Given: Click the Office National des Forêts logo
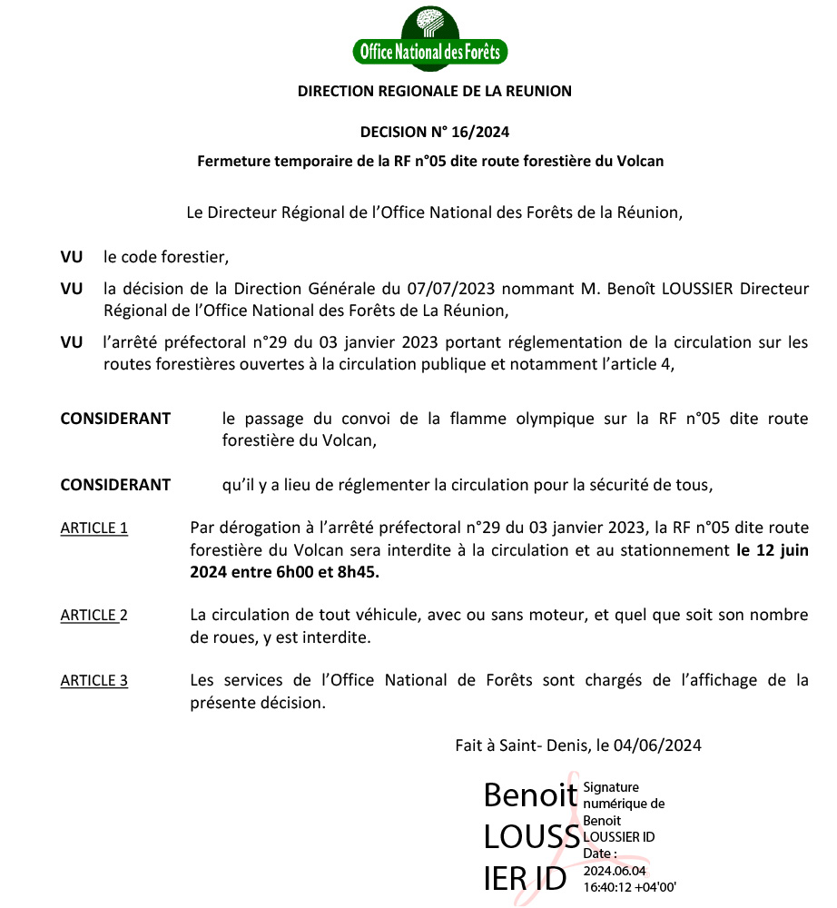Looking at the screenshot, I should point(430,39).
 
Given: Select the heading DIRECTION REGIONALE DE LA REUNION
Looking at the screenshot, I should point(435,91).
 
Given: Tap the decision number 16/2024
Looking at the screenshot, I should point(478,132).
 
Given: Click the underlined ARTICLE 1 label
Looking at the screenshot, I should point(94,528).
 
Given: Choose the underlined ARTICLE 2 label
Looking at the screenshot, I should point(94,615).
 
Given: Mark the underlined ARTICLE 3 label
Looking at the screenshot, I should point(94,680).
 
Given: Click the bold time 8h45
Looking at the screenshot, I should point(358,572).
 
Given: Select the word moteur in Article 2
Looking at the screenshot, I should point(550,615).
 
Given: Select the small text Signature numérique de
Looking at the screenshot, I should point(624,795).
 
